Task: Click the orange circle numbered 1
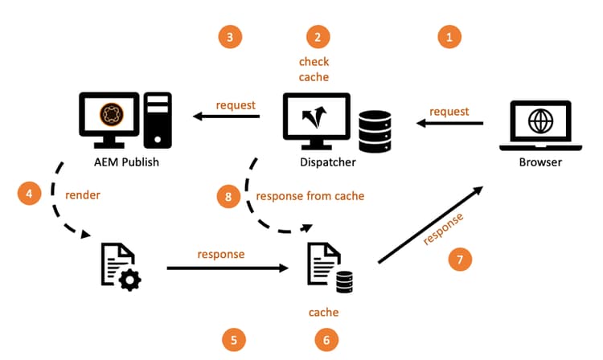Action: pos(449,36)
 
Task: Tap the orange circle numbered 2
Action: pos(318,36)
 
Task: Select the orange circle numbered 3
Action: pos(230,36)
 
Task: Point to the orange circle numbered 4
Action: pos(28,194)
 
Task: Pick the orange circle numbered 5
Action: pos(233,340)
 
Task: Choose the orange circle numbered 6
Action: pos(326,340)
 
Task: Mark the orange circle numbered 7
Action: pos(460,260)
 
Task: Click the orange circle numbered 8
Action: pos(228,195)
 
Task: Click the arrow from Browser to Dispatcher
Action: pos(449,123)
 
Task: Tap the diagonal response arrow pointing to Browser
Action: pos(429,226)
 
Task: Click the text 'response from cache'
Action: pos(310,195)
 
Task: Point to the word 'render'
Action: pos(82,194)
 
